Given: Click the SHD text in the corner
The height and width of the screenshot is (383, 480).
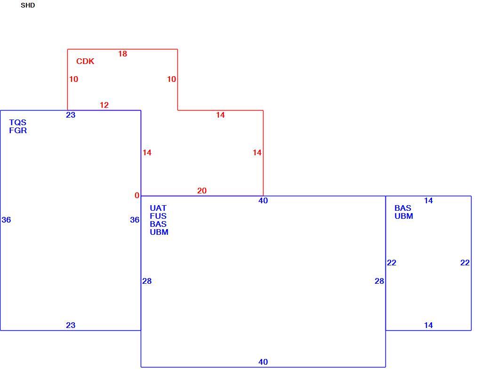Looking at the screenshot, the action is pyautogui.click(x=28, y=6).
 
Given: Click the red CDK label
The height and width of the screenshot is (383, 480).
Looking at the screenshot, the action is pyautogui.click(x=85, y=61).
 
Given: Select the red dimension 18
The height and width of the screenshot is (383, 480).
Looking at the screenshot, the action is pyautogui.click(x=122, y=54).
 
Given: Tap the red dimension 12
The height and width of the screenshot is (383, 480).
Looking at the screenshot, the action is pyautogui.click(x=104, y=105).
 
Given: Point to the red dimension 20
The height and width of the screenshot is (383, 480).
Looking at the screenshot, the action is pyautogui.click(x=202, y=191).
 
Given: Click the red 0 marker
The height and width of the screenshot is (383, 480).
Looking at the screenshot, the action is pyautogui.click(x=137, y=195).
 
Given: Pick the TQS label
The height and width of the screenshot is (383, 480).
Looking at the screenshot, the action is pyautogui.click(x=18, y=122).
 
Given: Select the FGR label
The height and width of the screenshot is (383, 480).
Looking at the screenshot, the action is pyautogui.click(x=18, y=130).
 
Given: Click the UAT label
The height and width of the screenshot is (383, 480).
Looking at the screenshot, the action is pyautogui.click(x=158, y=208).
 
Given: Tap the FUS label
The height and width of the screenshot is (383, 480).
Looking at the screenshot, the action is pyautogui.click(x=158, y=216).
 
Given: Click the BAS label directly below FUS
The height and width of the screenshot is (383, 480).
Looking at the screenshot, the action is pyautogui.click(x=158, y=224).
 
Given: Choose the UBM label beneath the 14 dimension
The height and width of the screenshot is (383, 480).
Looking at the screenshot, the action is pyautogui.click(x=404, y=216).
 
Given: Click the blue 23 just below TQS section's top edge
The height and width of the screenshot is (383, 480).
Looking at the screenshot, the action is pyautogui.click(x=71, y=115).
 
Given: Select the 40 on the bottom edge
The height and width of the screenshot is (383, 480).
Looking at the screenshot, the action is pyautogui.click(x=263, y=362).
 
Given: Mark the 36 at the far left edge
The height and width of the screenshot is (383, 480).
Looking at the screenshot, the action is pyautogui.click(x=6, y=220).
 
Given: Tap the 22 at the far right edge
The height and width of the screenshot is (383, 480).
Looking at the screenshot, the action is pyautogui.click(x=464, y=263).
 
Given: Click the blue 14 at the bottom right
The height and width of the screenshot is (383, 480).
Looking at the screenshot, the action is pyautogui.click(x=428, y=325).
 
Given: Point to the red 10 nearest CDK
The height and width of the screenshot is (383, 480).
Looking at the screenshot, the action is pyautogui.click(x=73, y=80).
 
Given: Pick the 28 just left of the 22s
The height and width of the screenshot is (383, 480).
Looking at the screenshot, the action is pyautogui.click(x=379, y=281).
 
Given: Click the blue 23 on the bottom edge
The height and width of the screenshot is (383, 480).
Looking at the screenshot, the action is pyautogui.click(x=71, y=325).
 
